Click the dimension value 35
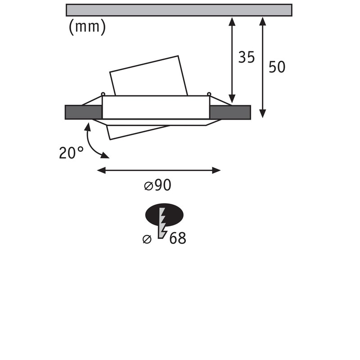tap(247, 57)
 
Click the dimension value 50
tap(277, 67)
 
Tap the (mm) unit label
tap(87, 27)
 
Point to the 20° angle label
tap(71, 153)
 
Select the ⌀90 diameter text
tap(158, 185)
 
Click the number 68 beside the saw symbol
tap(177, 238)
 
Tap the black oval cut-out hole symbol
tap(164, 215)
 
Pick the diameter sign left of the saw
tap(147, 239)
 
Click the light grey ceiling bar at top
tap(179, 10)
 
